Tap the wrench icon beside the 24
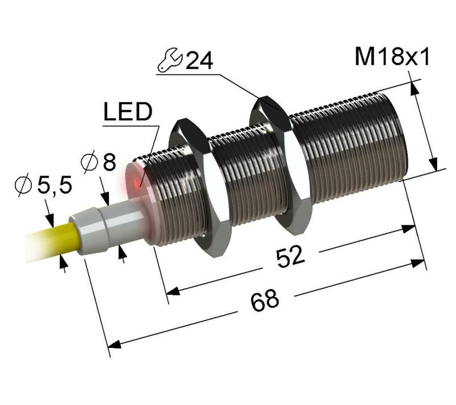(x=170, y=60)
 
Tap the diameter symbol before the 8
(x=89, y=164)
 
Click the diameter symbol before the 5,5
(x=22, y=186)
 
